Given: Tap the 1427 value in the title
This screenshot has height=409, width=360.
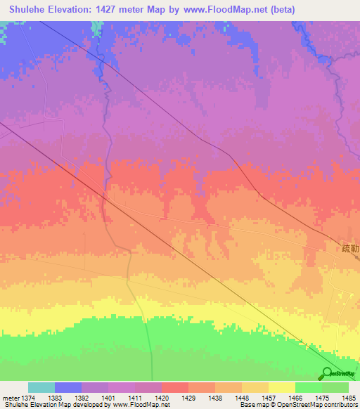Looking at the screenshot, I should tap(125, 9).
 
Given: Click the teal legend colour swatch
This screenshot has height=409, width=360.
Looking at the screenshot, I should tap(41, 387).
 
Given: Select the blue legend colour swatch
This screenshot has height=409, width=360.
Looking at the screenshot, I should tap(68, 387).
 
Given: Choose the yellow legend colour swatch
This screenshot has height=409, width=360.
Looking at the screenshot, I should tap(281, 387).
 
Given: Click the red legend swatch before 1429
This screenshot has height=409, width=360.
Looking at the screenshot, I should tap(175, 387).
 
